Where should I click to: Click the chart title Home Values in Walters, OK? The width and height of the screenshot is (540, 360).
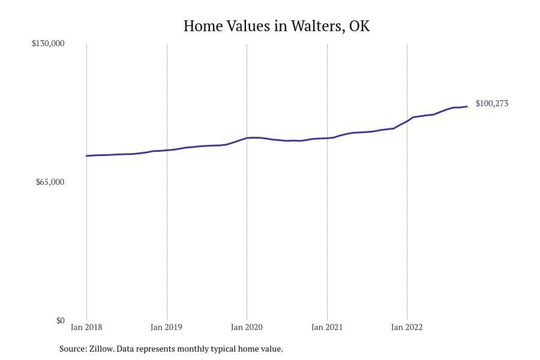[277, 26]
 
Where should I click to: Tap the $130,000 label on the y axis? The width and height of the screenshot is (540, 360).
[48, 44]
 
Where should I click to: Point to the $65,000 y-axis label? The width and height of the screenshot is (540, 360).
[50, 182]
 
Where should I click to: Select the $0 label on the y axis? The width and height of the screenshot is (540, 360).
[60, 320]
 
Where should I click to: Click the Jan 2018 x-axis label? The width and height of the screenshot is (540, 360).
[86, 328]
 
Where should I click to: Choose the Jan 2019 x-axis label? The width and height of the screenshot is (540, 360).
[166, 328]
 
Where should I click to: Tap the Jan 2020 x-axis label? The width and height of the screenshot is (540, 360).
[247, 328]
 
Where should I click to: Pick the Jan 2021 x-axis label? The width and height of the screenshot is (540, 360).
[327, 328]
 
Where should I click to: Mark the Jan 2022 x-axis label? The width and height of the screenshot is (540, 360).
[407, 328]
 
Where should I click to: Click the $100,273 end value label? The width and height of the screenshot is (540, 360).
[491, 104]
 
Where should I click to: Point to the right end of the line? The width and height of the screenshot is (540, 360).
[467, 106]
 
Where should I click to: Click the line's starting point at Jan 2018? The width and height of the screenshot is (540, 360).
[86, 156]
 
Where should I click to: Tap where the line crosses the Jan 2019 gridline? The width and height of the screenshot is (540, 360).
[167, 150]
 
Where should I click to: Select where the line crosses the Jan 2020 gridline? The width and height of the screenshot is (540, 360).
[247, 138]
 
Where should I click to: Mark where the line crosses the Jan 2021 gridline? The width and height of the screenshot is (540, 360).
[327, 138]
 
